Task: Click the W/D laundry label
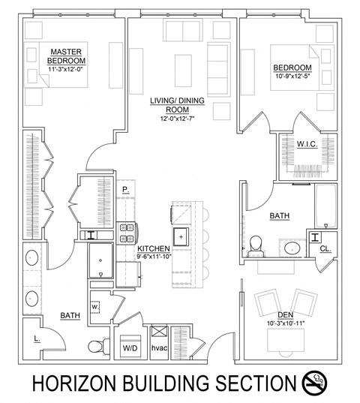pos(130,348)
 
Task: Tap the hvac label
pos(159,348)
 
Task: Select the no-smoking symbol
pos(314,383)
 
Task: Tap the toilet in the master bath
pos(96,346)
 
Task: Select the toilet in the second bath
pos(256,243)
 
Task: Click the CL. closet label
pos(325,249)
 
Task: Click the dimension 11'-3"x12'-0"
pos(66,69)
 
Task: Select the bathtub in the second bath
pos(325,206)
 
